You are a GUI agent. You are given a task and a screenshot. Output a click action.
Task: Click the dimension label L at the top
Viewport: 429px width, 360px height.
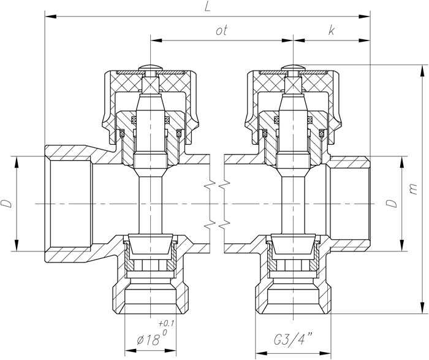pos(208,7)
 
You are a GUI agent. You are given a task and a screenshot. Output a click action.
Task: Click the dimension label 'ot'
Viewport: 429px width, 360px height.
pos(222,31)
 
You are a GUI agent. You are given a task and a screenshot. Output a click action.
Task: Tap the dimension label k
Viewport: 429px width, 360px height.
pos(332,31)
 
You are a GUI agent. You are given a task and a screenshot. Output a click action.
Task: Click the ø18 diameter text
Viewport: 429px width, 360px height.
pos(148,340)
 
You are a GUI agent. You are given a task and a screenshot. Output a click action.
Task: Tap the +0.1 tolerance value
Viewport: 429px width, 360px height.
pos(166,324)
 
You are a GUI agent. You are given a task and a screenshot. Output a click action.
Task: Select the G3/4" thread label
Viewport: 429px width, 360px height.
pos(293,340)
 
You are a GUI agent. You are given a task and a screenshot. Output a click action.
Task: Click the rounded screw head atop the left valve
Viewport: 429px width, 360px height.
pos(151,67)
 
